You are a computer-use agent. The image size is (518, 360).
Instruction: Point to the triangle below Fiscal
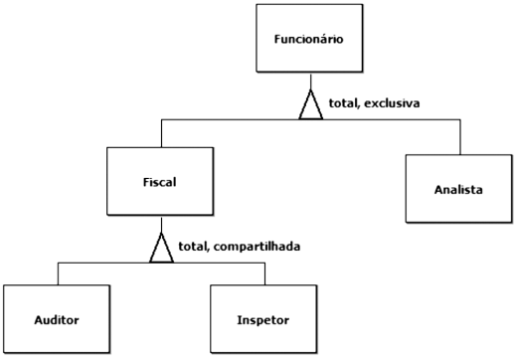[x=160, y=249]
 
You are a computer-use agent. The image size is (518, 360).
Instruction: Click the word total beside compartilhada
[x=192, y=245]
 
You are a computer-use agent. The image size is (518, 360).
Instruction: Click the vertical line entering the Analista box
[x=459, y=135]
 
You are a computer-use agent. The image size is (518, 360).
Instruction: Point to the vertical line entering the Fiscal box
[x=160, y=132]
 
